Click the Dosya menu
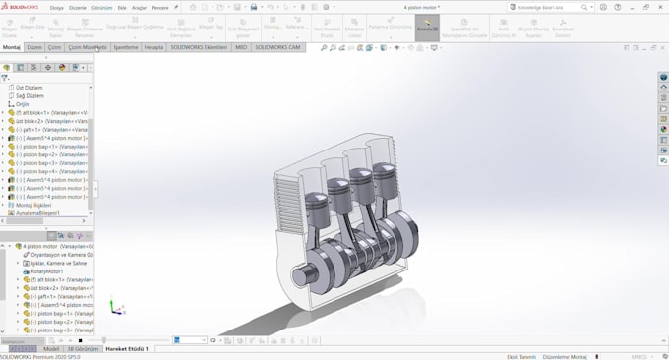click(57, 7)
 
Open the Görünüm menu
click(101, 7)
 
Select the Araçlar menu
click(139, 7)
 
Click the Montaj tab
click(11, 47)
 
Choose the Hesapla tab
click(154, 47)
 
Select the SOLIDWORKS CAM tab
click(277, 47)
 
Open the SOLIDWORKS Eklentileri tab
click(199, 47)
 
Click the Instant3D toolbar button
click(426, 26)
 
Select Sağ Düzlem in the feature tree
click(29, 95)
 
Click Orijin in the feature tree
click(22, 104)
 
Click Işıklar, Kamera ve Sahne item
click(58, 263)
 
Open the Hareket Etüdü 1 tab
click(127, 349)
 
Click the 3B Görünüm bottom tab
click(83, 349)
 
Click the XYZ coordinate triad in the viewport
click(115, 308)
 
